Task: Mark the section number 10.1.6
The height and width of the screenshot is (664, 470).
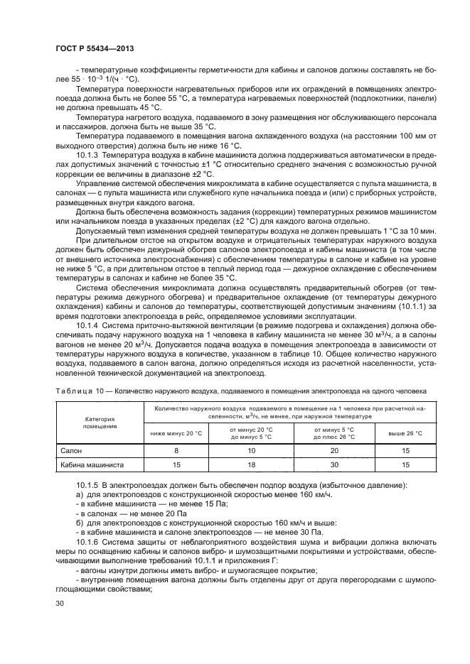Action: pyautogui.click(x=87, y=551)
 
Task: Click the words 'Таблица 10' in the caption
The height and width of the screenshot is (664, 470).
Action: pyautogui.click(x=76, y=391)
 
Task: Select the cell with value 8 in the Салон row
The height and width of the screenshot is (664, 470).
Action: pyautogui.click(x=176, y=450)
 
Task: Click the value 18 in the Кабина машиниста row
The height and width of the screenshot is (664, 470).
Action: pyautogui.click(x=250, y=465)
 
